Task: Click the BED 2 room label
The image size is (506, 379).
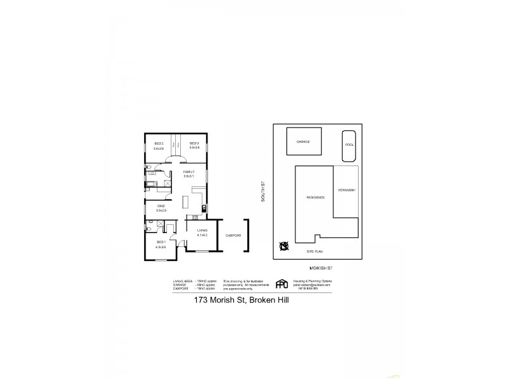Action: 158,143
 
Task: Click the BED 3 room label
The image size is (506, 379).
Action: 194,143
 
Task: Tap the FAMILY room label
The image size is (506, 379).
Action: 188,172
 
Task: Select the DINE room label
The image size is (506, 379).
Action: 161,206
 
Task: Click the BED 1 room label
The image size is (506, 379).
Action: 161,242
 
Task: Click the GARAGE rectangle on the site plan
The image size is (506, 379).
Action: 304,143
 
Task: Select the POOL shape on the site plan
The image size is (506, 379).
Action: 349,144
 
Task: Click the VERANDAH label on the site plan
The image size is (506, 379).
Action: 347,190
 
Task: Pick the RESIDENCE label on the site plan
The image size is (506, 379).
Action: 316,197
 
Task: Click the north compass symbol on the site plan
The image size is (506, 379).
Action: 284,246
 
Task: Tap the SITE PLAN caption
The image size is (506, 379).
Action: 315,251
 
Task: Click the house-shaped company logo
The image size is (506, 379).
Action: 282,284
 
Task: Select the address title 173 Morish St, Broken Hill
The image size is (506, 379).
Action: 241,300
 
